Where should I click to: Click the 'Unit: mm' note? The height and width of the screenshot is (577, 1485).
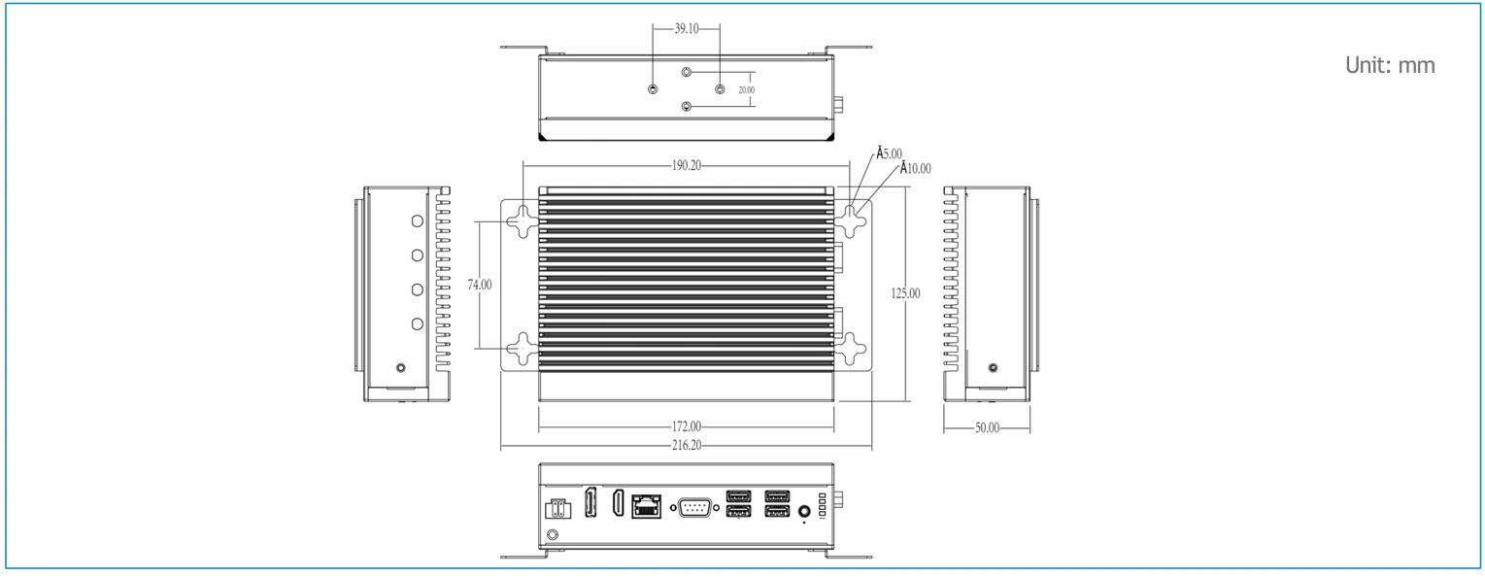click(x=1390, y=65)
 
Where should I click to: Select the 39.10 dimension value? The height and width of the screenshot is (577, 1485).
click(x=686, y=28)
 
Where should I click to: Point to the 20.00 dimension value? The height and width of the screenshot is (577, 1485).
click(x=747, y=89)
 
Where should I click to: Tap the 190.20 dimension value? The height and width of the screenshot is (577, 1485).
click(x=686, y=165)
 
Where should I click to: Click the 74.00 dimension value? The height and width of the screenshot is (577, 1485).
click(x=480, y=285)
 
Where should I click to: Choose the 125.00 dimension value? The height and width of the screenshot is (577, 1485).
click(x=905, y=293)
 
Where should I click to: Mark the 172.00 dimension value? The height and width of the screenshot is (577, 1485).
click(x=686, y=426)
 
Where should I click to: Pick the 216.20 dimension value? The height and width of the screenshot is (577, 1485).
click(x=686, y=445)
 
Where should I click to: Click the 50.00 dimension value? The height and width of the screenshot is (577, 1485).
click(x=987, y=427)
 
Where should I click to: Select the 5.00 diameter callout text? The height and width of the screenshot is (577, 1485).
click(x=889, y=153)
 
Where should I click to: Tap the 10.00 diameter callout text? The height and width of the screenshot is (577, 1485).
click(x=916, y=168)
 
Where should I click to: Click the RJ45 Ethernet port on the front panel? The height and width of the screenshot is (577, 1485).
click(x=647, y=507)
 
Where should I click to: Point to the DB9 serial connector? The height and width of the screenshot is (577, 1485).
click(x=695, y=508)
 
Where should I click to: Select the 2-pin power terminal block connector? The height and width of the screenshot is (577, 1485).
click(x=557, y=509)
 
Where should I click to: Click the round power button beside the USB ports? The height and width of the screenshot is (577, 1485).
click(x=804, y=511)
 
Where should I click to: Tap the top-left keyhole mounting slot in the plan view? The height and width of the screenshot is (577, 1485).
click(x=523, y=221)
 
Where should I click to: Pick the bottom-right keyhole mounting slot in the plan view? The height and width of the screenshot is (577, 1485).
click(x=849, y=349)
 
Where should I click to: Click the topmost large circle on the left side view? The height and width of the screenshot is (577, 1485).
click(x=417, y=221)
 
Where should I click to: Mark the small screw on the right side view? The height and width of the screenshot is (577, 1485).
click(x=993, y=367)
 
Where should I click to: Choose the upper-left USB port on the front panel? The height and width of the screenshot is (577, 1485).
click(x=738, y=496)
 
